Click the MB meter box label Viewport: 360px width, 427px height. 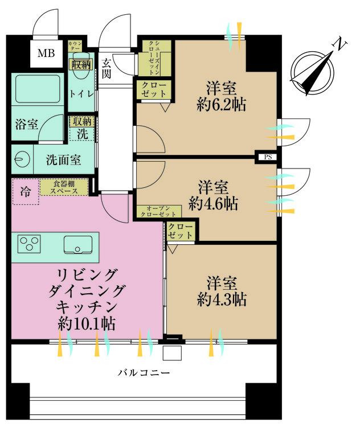(x=47, y=55)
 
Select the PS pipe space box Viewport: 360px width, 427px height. (x=267, y=157)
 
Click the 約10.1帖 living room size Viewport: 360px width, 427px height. (x=87, y=324)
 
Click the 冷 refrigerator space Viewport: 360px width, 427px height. (x=24, y=192)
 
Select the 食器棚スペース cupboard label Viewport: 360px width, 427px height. (x=64, y=187)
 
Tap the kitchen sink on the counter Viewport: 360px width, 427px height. (x=77, y=245)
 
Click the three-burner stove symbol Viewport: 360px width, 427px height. (x=28, y=245)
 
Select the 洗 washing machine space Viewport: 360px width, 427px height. (x=82, y=134)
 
